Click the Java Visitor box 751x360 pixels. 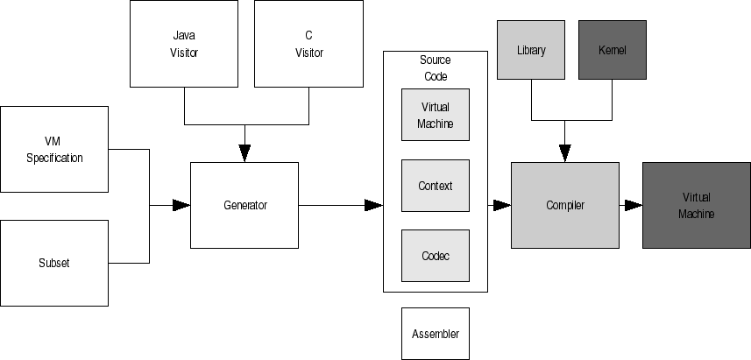(184, 44)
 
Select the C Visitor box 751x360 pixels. (308, 44)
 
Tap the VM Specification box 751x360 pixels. (54, 149)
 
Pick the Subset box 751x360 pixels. (54, 263)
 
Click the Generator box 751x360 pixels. (244, 205)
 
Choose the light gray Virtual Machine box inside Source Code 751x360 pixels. (435, 115)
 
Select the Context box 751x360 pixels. (435, 186)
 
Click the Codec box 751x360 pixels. (435, 255)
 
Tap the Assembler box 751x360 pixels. (435, 334)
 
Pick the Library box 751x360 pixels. (531, 50)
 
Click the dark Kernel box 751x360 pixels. (613, 50)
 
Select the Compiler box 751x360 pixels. (564, 205)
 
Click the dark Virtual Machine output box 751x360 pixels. (697, 205)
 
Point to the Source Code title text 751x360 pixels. (436, 67)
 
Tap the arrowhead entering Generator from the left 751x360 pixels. (181, 205)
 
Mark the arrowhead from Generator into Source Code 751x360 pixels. (373, 205)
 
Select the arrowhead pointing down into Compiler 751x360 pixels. (564, 153)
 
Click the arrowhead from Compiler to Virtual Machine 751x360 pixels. (634, 205)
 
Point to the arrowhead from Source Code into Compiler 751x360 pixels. (501, 205)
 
